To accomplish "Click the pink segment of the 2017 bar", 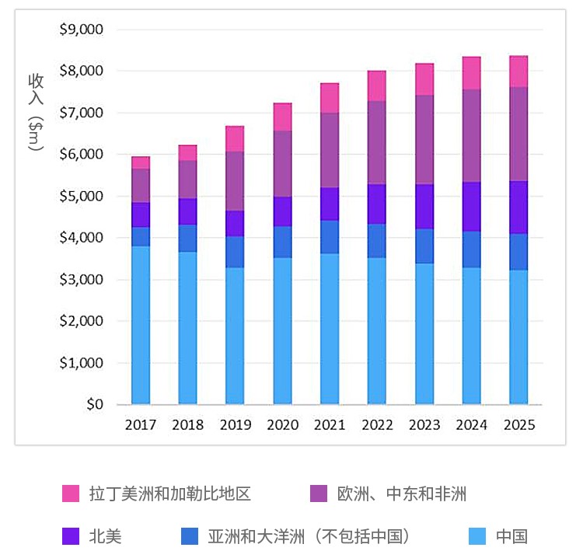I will coord(141,162).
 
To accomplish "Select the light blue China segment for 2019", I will coord(235,336).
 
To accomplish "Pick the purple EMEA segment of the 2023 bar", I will coord(424,140).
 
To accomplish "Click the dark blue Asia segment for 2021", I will coord(330,237).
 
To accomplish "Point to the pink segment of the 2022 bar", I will coord(377,85).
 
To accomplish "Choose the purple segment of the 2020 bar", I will coord(282,164).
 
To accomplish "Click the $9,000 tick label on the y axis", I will coord(81,30).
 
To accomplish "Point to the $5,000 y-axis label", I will coord(81,196).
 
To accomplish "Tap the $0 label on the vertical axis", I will coord(94,404).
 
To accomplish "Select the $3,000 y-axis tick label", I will coord(81,280).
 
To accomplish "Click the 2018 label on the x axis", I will coord(187,425).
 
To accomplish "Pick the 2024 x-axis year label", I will coord(471,425).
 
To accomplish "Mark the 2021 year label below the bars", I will coord(330,425).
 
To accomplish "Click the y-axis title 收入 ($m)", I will coord(36,113).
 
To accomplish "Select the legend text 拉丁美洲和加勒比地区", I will coord(169,493).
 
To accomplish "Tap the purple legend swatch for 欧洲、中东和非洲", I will coord(319,493).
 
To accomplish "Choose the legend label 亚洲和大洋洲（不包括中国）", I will coord(309,536).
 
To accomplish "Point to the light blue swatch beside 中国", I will coord(478,536).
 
